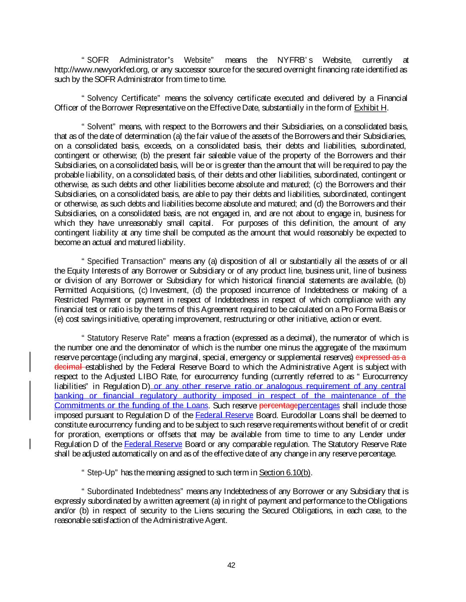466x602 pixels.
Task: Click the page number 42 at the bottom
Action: point(231,565)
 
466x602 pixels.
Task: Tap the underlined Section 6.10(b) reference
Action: point(285,473)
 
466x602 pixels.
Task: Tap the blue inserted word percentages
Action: point(319,406)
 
